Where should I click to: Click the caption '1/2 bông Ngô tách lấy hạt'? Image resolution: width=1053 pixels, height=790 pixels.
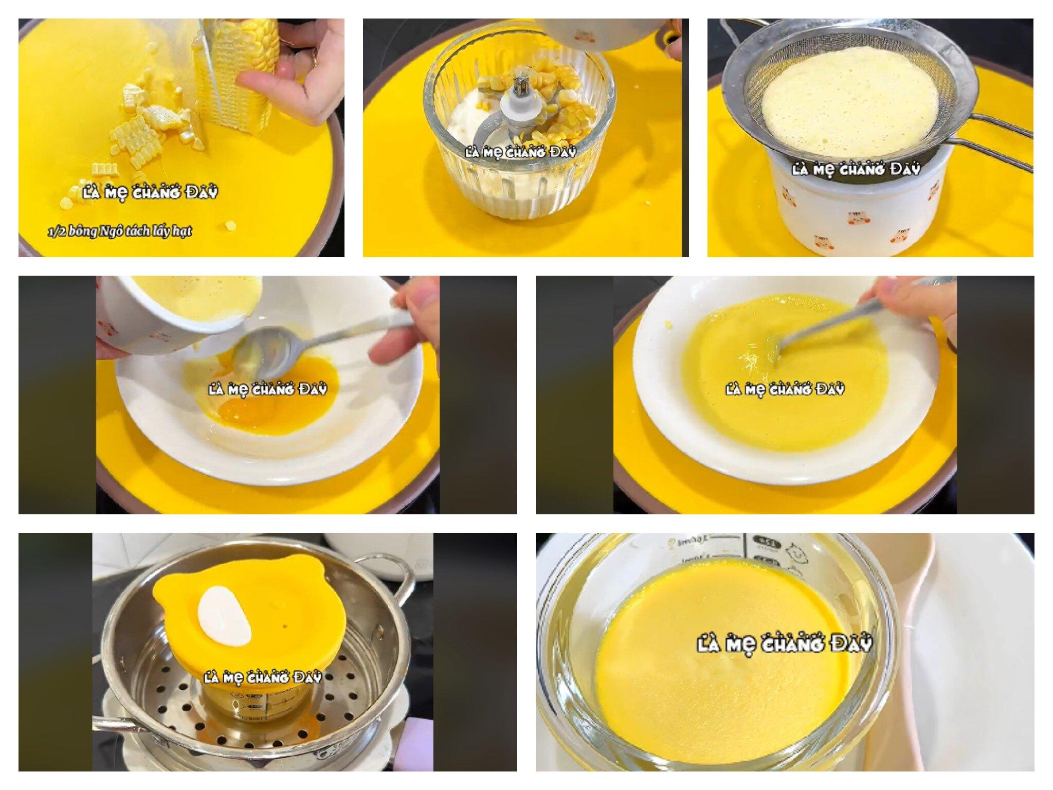[x=120, y=231]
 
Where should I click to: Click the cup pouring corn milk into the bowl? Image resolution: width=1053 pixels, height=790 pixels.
[x=170, y=314]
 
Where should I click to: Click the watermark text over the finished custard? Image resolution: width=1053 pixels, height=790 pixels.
[x=784, y=644]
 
